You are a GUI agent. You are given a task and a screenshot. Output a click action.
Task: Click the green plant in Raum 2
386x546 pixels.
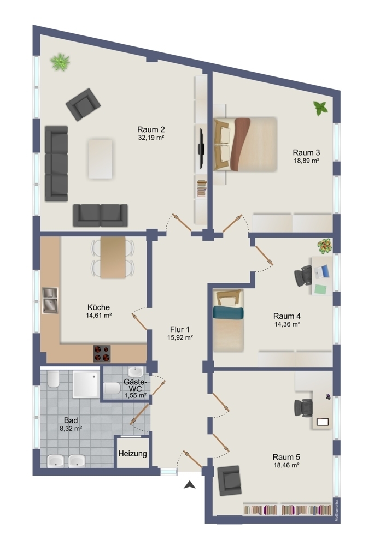point(60,62)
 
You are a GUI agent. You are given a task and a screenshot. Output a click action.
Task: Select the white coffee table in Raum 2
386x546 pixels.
point(101,159)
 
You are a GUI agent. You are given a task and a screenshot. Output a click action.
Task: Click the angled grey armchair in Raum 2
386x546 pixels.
point(83,104)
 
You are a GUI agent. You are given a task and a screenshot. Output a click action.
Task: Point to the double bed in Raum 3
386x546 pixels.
point(245,144)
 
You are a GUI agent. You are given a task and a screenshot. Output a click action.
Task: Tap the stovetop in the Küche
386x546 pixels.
point(102,353)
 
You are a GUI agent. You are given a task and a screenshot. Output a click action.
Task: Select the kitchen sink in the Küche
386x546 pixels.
point(50,300)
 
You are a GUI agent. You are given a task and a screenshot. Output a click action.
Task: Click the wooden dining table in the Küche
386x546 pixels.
point(113,257)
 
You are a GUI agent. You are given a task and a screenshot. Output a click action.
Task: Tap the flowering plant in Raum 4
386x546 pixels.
point(325,246)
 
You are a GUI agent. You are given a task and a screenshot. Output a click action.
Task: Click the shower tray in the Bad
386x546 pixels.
point(86,384)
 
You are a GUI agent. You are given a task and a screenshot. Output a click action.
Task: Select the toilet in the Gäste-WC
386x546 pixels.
point(112,388)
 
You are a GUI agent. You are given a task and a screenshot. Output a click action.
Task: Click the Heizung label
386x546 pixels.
point(132,454)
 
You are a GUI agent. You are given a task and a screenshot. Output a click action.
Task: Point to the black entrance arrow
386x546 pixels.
point(190,484)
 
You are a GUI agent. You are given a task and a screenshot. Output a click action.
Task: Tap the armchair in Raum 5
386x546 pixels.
point(229,480)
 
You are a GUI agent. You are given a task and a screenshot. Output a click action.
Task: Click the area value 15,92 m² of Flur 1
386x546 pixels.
point(180,337)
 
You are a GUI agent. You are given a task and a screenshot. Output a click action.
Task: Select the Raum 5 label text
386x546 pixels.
point(286,457)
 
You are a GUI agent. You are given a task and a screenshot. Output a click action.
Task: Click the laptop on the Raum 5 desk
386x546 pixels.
point(323,422)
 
